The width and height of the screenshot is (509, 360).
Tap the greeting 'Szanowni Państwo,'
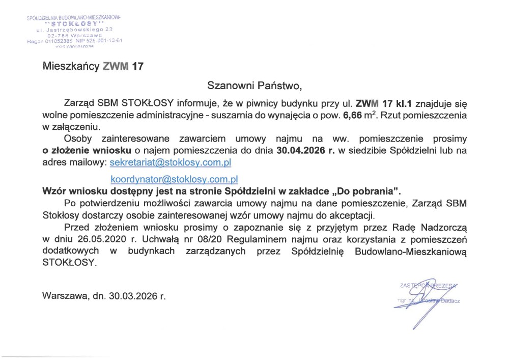coord(254,84)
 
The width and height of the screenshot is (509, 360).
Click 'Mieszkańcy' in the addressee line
coord(70,66)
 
